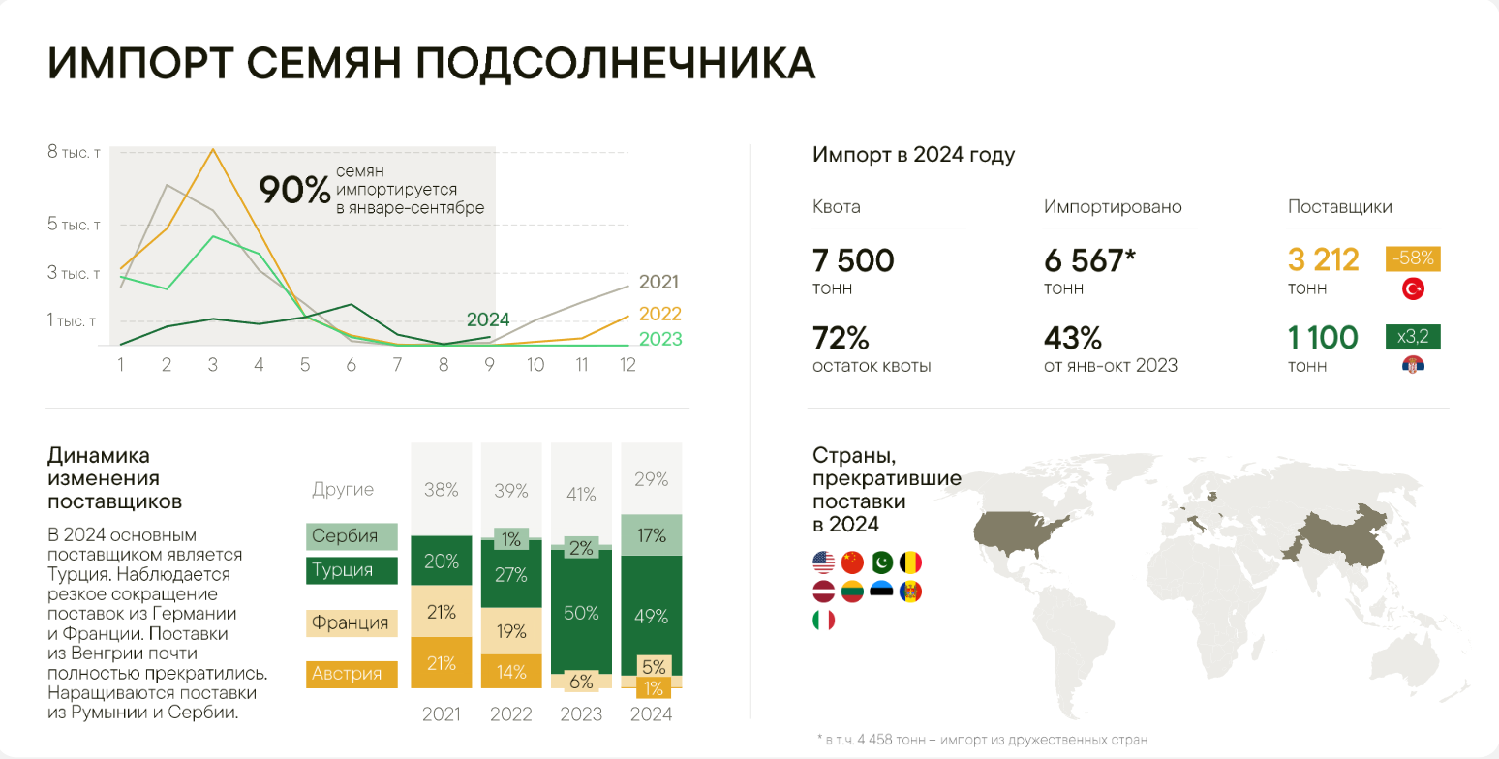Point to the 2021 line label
tap(658, 282)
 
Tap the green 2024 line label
tap(487, 319)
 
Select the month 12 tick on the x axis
tap(627, 365)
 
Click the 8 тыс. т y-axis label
tap(75, 153)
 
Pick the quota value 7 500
tap(853, 260)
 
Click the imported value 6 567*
tap(1088, 260)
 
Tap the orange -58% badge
tap(1415, 259)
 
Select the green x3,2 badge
tap(1414, 337)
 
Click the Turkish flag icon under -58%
tap(1413, 288)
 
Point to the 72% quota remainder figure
tap(841, 338)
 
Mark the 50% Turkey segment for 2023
tap(581, 613)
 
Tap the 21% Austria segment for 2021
tap(441, 662)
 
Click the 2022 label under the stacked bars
tap(511, 715)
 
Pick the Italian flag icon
tap(824, 620)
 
